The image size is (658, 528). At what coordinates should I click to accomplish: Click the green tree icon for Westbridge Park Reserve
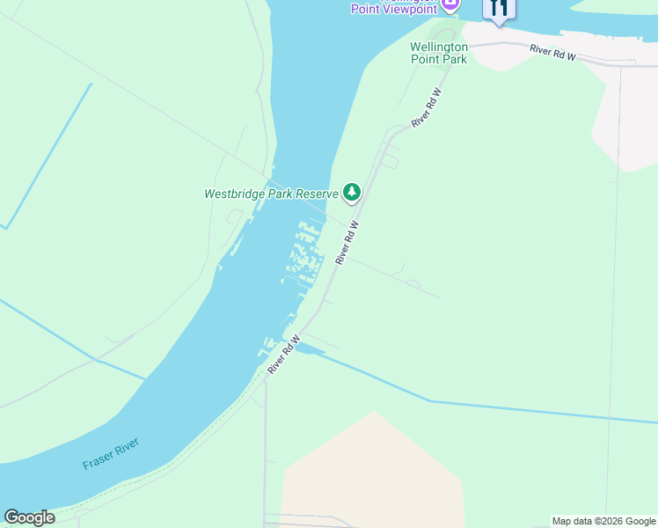coord(352,193)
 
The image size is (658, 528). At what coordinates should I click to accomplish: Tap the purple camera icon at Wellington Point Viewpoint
coord(450,4)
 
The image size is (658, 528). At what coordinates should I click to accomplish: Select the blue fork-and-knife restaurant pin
coord(498,8)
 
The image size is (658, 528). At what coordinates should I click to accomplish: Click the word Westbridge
coord(235,194)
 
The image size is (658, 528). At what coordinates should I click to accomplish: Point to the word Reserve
coord(317,194)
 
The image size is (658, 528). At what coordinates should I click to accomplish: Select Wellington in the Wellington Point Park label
coord(439,47)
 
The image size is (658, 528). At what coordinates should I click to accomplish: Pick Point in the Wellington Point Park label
coord(426,60)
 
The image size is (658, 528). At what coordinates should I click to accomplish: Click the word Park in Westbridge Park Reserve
coord(280,194)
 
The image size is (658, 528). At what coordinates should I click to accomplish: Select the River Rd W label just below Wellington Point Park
coord(425,108)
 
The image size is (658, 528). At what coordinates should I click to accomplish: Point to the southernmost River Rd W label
coord(283,356)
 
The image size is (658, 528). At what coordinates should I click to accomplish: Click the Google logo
coord(29,517)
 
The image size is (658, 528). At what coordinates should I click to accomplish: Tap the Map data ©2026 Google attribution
coord(603,521)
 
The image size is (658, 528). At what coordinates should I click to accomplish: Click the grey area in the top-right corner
coord(625,114)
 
